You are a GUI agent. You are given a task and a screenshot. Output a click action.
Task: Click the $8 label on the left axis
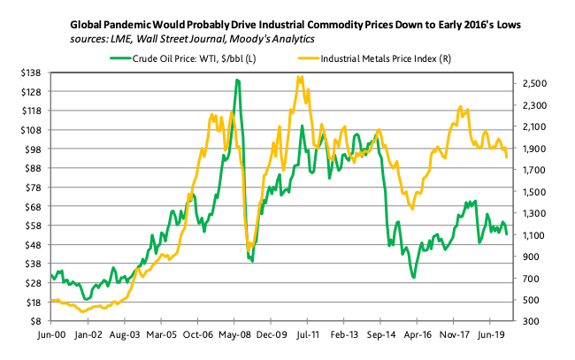tap(38, 321)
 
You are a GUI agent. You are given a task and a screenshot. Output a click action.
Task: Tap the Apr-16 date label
tap(415, 337)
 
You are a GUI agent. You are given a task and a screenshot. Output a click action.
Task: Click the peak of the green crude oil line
tap(237, 80)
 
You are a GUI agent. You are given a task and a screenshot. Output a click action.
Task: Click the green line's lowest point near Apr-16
tap(413, 278)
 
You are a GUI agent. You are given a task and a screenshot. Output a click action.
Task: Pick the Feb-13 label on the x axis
tap(324, 337)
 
